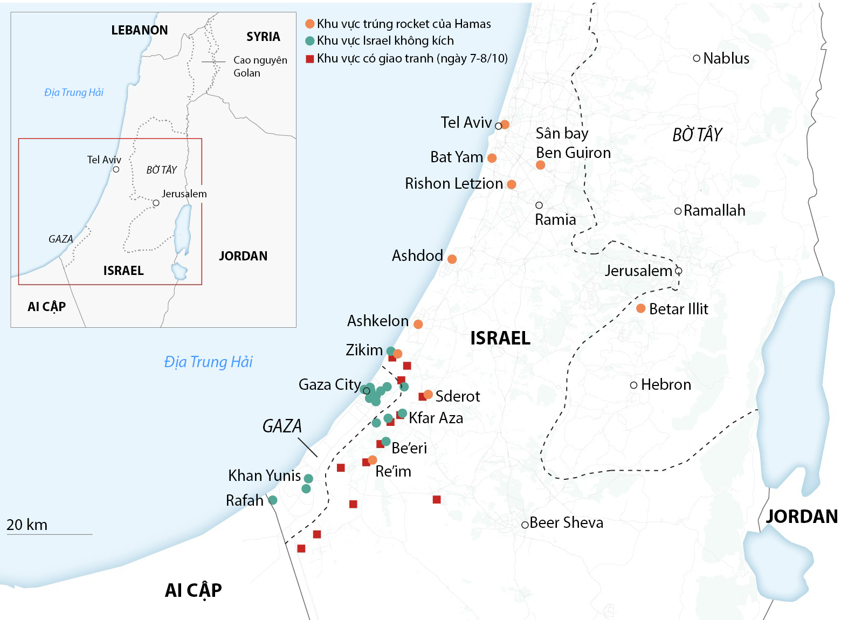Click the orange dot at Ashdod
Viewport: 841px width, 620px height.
coord(452,259)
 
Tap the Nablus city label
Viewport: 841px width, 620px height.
coord(726,58)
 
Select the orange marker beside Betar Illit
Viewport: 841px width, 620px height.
coord(640,308)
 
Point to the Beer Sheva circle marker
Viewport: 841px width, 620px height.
coord(525,525)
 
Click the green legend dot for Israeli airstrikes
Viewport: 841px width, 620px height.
coord(309,41)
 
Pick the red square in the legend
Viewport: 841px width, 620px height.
coord(309,59)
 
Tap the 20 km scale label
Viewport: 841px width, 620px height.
coord(27,525)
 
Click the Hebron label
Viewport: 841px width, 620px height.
coord(666,384)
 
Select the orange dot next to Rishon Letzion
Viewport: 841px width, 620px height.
coord(512,184)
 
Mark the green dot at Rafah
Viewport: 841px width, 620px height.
coord(273,500)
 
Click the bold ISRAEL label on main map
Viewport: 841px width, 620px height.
coord(500,338)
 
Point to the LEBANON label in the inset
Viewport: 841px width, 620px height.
coord(139,30)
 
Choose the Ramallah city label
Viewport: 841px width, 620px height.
coord(714,210)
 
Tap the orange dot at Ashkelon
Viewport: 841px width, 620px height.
coord(418,324)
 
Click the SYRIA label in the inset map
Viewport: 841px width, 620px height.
coord(263,37)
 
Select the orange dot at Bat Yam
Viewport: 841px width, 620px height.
coord(492,158)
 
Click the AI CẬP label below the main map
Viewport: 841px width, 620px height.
coord(193,590)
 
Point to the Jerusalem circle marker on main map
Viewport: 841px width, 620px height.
coord(679,271)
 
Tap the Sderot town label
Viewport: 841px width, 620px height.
coord(457,396)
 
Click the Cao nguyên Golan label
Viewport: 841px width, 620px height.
coord(260,66)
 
